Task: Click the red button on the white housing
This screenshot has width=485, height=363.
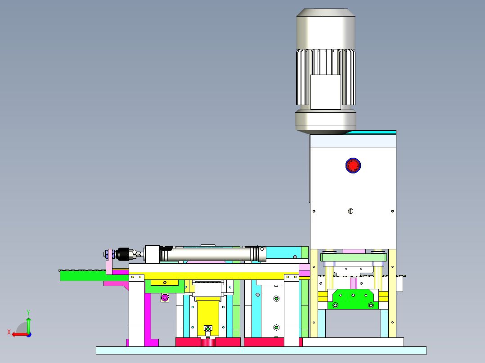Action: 353,165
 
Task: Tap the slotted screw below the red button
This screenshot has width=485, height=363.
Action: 351,211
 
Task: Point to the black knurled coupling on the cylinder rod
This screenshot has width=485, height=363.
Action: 122,254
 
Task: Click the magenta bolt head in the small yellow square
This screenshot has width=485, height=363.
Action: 165,297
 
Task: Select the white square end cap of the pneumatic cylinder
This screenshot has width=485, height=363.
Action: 152,254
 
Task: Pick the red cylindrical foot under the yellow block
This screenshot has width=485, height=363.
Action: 207,343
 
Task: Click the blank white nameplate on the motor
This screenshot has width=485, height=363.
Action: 325,92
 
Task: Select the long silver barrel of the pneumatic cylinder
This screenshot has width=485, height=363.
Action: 207,255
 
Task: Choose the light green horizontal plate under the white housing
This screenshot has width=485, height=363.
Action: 354,257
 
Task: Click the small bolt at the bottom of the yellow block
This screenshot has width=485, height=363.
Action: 207,329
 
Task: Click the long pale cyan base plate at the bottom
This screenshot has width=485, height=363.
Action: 261,350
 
